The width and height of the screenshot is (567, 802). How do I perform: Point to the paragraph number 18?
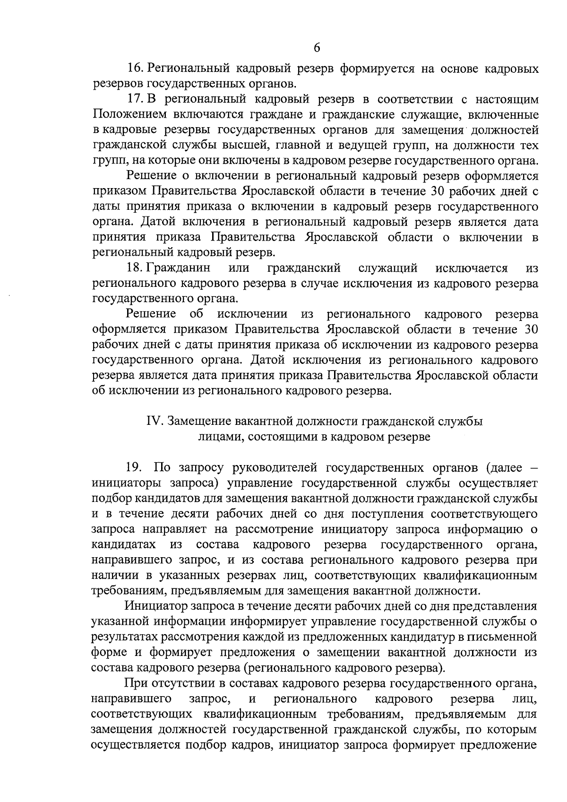click(136, 268)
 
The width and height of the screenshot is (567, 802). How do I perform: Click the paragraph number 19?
click(134, 468)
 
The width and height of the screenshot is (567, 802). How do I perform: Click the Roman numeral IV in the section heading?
click(155, 421)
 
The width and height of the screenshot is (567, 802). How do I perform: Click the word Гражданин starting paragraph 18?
click(179, 268)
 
